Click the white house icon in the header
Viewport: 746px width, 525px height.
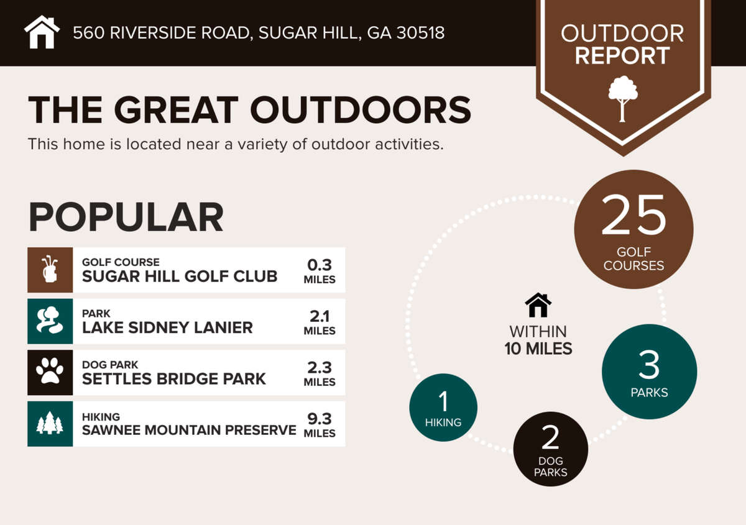coord(42,32)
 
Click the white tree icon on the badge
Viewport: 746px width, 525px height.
coord(623,99)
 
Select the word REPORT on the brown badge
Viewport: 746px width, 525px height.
coord(622,55)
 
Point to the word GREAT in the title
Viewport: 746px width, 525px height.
coord(176,110)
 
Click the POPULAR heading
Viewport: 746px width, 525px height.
coord(126,217)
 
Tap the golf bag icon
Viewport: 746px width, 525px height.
coord(50,270)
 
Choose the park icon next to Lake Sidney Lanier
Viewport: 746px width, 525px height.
coord(50,321)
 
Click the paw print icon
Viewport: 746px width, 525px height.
coord(50,372)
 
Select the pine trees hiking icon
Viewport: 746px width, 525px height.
coord(50,423)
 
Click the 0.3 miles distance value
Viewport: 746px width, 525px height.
coord(320,265)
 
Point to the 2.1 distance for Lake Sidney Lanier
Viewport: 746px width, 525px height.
coord(320,316)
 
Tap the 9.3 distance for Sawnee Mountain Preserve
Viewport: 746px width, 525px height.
coord(320,419)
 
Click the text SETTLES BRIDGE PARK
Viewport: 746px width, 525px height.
coord(174,379)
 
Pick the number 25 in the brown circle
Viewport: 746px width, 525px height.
coord(633,215)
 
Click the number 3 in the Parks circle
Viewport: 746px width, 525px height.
coord(649,365)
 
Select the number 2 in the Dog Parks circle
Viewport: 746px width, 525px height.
coord(550,437)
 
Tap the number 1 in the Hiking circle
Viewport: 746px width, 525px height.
coord(443,401)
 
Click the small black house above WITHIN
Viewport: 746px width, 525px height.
coord(538,304)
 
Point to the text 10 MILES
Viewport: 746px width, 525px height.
coord(538,349)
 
